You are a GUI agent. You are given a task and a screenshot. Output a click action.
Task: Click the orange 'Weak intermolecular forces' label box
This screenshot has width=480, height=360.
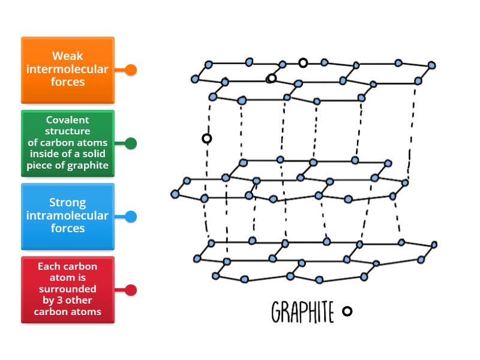(x=67, y=70)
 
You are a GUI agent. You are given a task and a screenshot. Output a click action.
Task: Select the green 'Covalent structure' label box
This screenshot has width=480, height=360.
(x=67, y=143)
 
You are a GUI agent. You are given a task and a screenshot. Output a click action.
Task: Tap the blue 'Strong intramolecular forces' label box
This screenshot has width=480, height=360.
(x=67, y=216)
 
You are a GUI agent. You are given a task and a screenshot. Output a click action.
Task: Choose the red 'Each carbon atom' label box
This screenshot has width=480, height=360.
(x=67, y=290)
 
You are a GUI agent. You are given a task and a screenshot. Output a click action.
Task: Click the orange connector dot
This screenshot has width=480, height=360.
(x=131, y=70)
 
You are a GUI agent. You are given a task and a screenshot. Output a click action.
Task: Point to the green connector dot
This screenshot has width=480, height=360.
(x=131, y=143)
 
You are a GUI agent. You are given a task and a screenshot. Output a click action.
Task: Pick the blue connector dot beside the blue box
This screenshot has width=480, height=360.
(x=131, y=217)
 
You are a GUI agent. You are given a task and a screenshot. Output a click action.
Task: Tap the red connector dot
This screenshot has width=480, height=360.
(x=131, y=290)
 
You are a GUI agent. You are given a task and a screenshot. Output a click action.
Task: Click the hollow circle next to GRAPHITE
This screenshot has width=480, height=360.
(x=347, y=311)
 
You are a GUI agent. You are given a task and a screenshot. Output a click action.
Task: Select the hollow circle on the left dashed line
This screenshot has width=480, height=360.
(x=206, y=139)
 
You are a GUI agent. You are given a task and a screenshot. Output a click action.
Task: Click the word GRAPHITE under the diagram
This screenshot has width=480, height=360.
(x=302, y=312)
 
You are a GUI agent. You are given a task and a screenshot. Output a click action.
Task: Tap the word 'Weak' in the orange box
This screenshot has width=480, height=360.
(x=67, y=56)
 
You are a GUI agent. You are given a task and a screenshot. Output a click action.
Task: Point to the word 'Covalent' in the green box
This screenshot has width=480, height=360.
(x=67, y=120)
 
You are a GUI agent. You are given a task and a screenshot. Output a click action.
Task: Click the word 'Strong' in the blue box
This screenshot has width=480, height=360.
(x=67, y=203)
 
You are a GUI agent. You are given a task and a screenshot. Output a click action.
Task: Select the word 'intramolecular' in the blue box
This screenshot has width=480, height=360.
(x=67, y=215)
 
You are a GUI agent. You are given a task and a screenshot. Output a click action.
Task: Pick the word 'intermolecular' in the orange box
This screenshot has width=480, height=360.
(x=67, y=69)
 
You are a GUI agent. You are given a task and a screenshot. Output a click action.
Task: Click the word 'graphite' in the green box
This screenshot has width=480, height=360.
(x=89, y=166)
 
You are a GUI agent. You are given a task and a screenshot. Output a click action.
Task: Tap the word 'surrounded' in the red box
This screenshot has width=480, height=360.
(x=67, y=289)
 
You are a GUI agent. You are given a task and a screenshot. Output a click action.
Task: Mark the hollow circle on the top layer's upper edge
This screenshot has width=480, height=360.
(x=303, y=62)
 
